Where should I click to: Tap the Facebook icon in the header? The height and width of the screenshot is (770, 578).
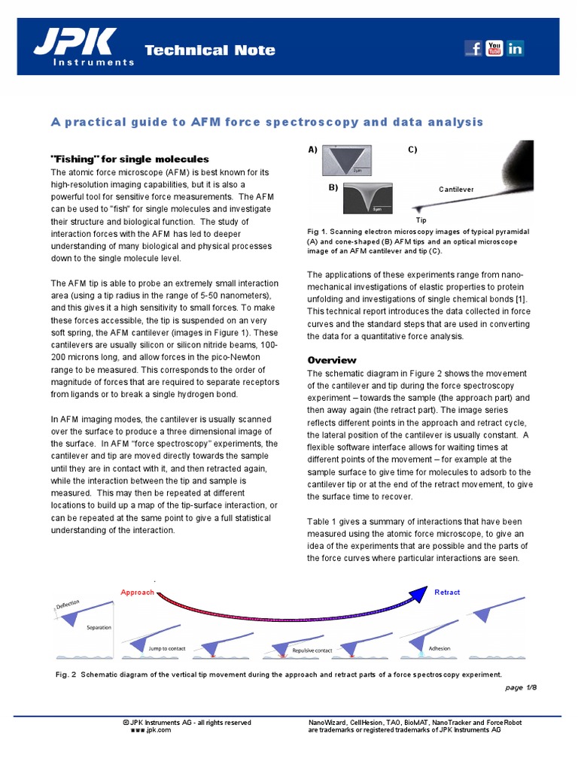coord(473,49)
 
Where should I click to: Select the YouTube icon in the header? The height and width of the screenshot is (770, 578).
coord(494,49)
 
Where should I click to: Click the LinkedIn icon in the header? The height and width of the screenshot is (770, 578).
coord(516,49)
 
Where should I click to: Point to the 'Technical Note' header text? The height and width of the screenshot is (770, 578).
coord(209,50)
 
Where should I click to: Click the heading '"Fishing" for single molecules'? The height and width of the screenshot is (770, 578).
coord(129,159)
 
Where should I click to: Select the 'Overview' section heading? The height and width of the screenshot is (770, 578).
coord(332,360)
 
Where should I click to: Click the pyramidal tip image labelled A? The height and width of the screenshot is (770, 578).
coord(347,160)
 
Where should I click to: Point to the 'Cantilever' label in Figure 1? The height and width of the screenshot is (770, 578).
coord(456,189)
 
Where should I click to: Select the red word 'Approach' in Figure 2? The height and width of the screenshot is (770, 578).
coord(137,593)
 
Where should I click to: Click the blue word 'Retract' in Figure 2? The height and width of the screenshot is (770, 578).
coord(447,593)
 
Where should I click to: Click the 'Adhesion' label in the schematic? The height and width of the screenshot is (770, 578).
coord(439,647)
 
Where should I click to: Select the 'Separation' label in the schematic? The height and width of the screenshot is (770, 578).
coord(99,627)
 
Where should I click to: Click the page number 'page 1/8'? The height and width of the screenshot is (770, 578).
coord(520,688)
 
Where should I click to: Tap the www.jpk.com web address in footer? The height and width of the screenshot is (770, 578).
coord(151,730)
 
